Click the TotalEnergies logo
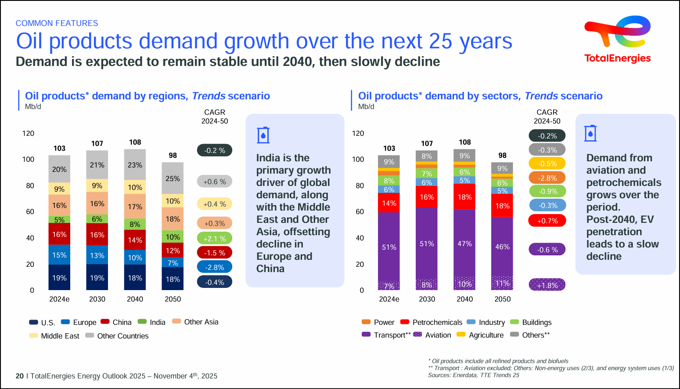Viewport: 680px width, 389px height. (x=617, y=40)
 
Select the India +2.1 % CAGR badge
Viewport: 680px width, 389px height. (x=214, y=239)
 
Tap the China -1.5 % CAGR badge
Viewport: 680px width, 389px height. (x=214, y=253)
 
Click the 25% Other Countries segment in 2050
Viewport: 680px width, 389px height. (x=173, y=178)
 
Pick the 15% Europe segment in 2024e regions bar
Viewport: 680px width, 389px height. (x=59, y=255)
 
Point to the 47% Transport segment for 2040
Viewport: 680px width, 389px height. (x=464, y=244)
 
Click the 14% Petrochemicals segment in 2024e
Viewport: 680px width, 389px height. (x=389, y=203)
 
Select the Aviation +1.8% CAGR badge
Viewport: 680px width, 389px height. (x=547, y=285)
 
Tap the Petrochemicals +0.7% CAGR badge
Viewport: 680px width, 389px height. (x=547, y=221)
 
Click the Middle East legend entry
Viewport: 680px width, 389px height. (x=54, y=336)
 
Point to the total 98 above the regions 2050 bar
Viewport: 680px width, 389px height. (x=173, y=155)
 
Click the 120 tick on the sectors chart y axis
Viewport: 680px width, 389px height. (x=358, y=133)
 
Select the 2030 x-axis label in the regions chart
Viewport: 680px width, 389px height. (x=97, y=299)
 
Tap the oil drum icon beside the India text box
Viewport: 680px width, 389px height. (x=263, y=135)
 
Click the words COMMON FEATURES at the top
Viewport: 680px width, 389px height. (x=57, y=23)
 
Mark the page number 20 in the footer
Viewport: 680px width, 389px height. (x=20, y=376)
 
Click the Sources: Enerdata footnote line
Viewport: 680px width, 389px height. (x=473, y=375)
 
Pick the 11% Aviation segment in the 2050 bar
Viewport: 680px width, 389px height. (x=502, y=283)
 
